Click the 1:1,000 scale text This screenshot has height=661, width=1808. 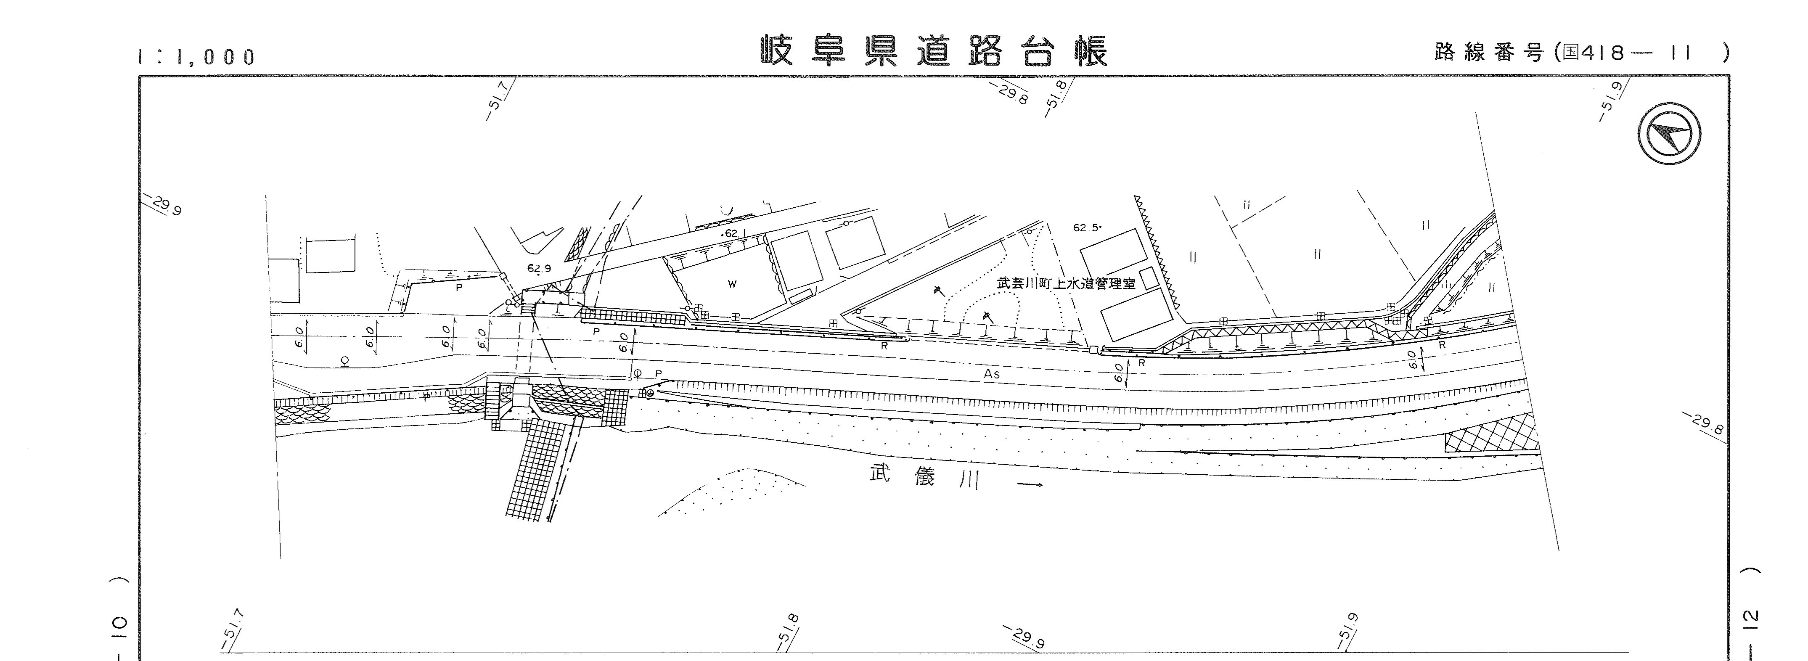197,57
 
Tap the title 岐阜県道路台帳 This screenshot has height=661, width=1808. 934,50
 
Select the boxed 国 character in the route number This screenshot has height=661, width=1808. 1568,53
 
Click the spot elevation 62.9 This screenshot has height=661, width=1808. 539,268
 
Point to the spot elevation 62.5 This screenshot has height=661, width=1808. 1086,227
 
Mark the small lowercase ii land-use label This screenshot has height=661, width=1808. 1247,205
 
